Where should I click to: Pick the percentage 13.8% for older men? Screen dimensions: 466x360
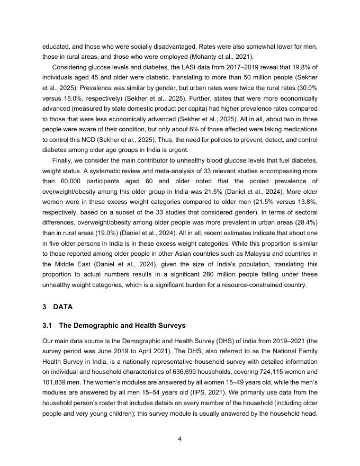[x=305, y=202]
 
